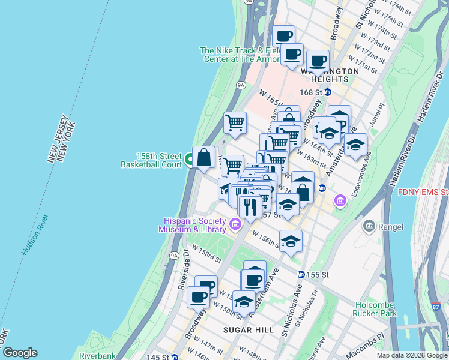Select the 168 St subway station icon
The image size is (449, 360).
[x=328, y=92]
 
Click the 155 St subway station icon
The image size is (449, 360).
[x=301, y=274]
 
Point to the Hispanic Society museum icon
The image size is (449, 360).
[x=235, y=226]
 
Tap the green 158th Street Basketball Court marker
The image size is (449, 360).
[x=188, y=160]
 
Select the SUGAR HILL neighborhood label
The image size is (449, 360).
[x=249, y=330]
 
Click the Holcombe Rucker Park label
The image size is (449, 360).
[x=376, y=308]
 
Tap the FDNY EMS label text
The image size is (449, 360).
[x=423, y=192]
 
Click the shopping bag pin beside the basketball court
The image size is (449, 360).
[x=204, y=157]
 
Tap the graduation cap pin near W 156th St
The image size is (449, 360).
[x=291, y=241]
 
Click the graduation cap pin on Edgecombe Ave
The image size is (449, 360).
[x=355, y=145]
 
